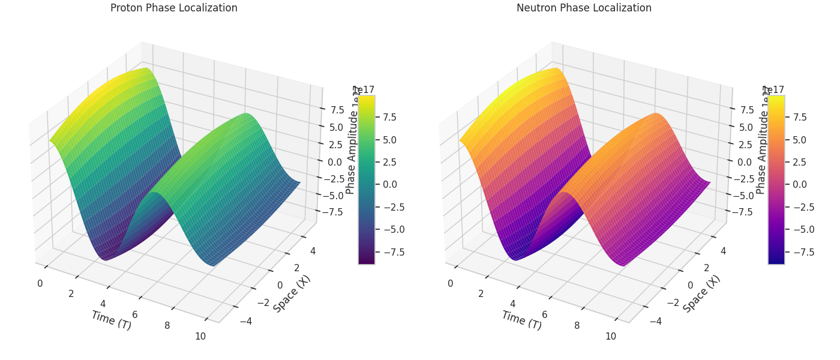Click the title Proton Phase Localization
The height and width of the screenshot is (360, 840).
(x=174, y=8)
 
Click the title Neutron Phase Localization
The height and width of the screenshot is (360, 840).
(x=584, y=8)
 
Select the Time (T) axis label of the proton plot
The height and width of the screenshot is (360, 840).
(x=111, y=320)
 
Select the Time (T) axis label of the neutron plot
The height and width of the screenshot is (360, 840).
(x=521, y=320)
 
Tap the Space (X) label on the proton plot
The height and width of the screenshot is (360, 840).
(x=292, y=293)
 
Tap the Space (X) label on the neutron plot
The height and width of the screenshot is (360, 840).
(x=701, y=293)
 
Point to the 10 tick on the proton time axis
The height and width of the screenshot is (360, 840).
(x=200, y=336)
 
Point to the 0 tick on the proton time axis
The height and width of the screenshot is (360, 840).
(x=40, y=283)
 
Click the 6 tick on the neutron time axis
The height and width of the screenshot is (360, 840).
(x=545, y=314)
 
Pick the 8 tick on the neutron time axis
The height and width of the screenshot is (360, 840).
(x=577, y=325)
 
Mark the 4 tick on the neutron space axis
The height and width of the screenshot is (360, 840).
(x=722, y=251)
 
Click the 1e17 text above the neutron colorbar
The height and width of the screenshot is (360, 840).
(x=773, y=90)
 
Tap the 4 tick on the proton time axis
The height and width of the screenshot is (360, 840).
(x=103, y=304)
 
